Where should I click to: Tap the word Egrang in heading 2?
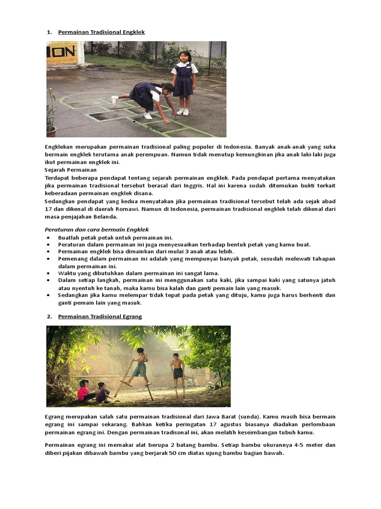click(131, 317)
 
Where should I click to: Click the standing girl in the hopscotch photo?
click(184, 82)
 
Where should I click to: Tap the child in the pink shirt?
click(83, 391)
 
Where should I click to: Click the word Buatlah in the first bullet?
click(69, 238)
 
